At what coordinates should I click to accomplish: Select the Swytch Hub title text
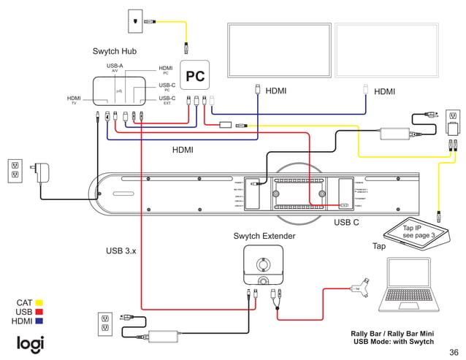coord(114,51)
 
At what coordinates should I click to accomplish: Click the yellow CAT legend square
coord(39,302)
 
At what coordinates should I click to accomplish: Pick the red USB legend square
coord(39,312)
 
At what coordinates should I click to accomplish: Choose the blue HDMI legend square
coord(39,321)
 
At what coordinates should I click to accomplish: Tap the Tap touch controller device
coord(420,234)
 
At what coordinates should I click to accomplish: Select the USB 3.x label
coord(121,251)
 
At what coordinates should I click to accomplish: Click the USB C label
coord(346,222)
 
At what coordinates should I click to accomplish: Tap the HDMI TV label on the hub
coord(74,100)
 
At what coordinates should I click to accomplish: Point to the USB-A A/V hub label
coord(115,68)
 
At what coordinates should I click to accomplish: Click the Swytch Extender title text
coord(264,236)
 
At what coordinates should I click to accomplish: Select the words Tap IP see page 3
coord(419,232)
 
